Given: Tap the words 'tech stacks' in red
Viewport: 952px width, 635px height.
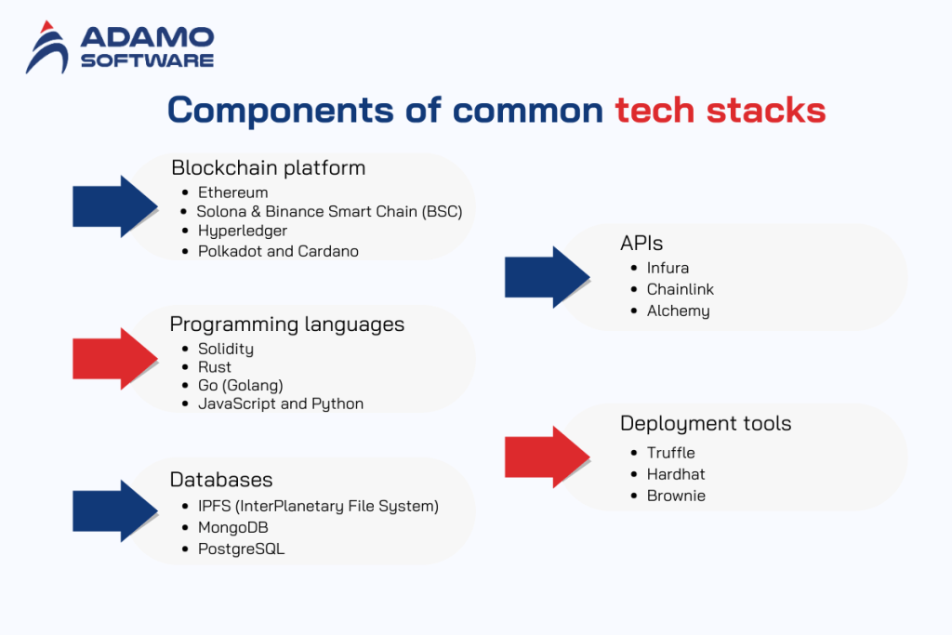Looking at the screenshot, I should tap(720, 110).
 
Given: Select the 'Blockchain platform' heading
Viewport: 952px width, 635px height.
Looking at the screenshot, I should tap(268, 168).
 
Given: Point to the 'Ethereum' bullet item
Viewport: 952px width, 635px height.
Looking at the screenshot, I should tap(232, 192).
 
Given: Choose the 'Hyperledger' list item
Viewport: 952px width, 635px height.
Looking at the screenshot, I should tap(242, 231).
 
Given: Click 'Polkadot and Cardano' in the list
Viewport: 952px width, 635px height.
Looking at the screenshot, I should tap(277, 251).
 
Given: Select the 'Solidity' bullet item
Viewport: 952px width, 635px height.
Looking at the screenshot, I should tap(225, 349).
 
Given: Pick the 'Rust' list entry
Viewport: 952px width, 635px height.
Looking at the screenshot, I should tap(215, 367).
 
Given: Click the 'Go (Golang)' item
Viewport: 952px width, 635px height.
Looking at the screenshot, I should tap(240, 385).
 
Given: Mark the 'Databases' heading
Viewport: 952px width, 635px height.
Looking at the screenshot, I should tap(220, 480).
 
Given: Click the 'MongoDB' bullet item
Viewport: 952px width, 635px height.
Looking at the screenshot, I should tap(232, 527).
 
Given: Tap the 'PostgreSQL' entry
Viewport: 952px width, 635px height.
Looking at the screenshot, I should tap(241, 549).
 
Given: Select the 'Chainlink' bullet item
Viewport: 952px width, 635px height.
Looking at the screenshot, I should tap(680, 289).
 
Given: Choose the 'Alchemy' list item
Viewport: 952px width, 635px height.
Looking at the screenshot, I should tap(678, 311).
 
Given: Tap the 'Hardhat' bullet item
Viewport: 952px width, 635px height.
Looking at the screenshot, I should tap(676, 474).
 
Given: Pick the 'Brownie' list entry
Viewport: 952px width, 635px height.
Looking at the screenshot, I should tap(676, 496).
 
